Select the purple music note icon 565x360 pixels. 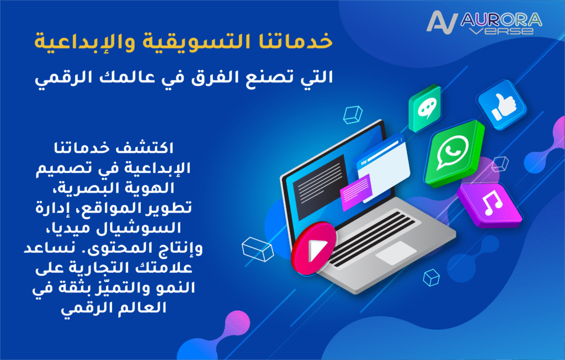[489, 204]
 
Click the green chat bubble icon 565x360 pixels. [425, 109]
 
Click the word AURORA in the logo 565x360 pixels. [501, 20]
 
